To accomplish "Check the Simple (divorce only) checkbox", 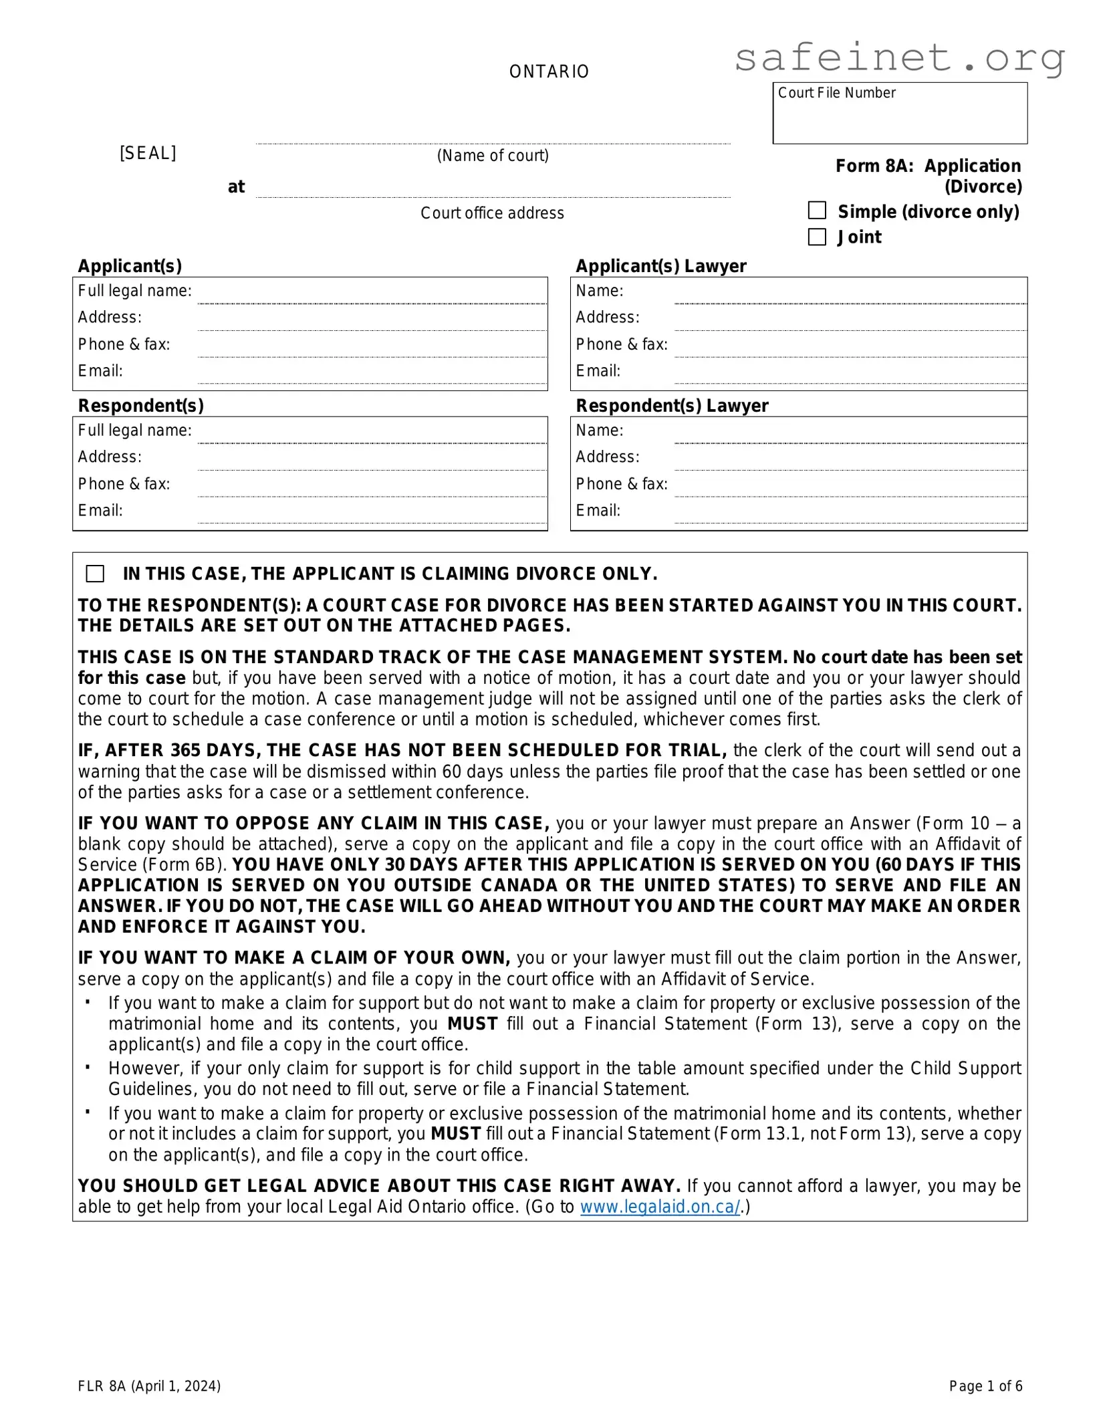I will coord(817,211).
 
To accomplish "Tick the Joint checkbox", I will coord(817,237).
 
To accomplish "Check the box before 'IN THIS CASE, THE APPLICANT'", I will coord(95,574).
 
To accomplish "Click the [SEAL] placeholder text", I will coord(148,153).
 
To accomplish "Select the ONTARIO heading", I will coord(549,72).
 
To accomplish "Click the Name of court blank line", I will coord(493,138).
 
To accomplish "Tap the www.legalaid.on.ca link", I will coord(660,1207).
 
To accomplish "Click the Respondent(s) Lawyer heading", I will coord(672,406).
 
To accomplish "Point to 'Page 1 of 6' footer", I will coord(985,1386).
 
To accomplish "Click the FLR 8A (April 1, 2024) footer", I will coord(149,1386).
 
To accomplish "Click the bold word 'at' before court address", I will coord(236,187).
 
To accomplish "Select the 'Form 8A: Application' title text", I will coord(928,166).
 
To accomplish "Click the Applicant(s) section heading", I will coord(130,266).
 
